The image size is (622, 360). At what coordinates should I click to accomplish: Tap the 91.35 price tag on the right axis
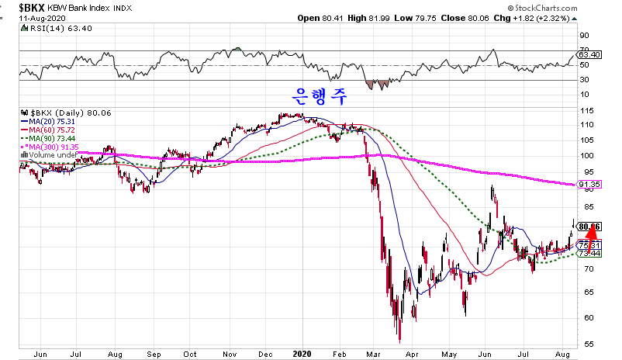[592, 185]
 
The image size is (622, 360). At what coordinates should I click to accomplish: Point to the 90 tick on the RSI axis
[586, 35]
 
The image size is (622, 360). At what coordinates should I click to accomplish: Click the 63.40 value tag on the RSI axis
[592, 55]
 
